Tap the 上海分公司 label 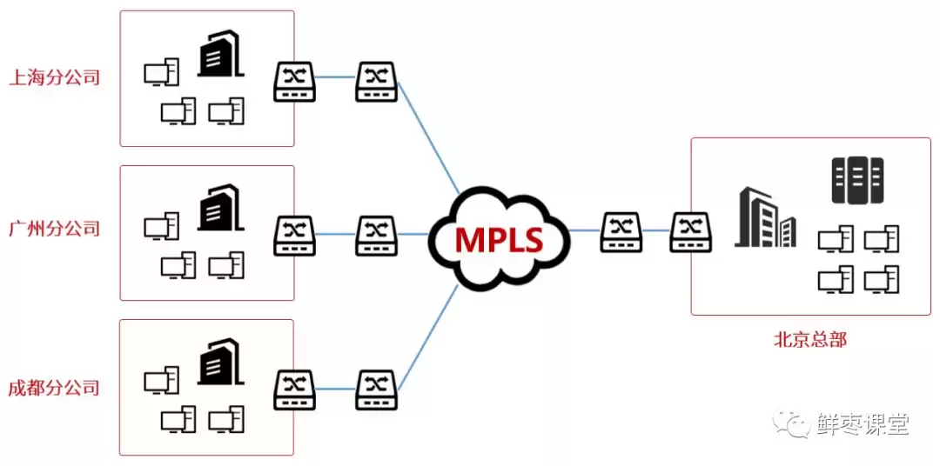pos(54,77)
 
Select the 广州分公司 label pos(54,230)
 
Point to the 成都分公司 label pos(54,388)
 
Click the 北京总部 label pos(809,339)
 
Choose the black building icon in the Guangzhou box pos(218,208)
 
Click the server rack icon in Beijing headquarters pos(857,179)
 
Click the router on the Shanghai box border pos(295,81)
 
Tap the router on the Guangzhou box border pos(295,234)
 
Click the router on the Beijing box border pos(691,231)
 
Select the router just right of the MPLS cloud pos(621,231)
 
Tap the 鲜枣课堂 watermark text pos(863,424)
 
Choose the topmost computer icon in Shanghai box pos(161,73)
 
